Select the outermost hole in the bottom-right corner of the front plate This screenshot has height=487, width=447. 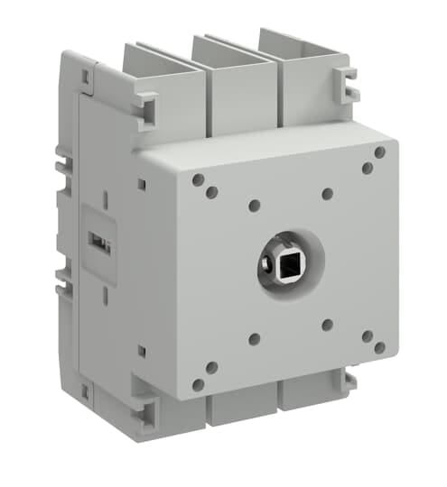point(380,347)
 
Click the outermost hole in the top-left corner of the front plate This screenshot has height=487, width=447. point(198,179)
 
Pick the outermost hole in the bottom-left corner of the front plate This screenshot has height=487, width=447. point(198,384)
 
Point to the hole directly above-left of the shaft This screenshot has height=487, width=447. point(255,206)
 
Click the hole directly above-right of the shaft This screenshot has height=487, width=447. point(327,193)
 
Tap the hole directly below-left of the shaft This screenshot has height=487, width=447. point(255,339)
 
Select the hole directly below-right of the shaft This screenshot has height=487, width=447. point(327,325)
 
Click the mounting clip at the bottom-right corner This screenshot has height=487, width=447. point(347,384)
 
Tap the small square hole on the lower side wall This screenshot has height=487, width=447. point(142,348)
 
